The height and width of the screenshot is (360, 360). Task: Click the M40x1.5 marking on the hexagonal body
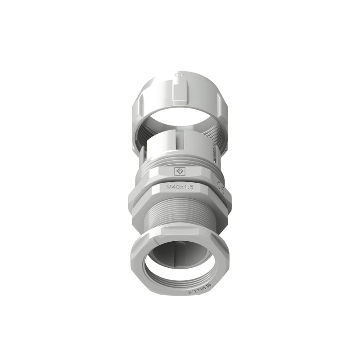[x=180, y=187]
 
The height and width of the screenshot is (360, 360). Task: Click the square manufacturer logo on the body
[x=180, y=171]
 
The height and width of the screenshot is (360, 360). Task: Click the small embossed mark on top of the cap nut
[x=180, y=76]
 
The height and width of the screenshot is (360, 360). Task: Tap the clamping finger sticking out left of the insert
[x=142, y=155]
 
